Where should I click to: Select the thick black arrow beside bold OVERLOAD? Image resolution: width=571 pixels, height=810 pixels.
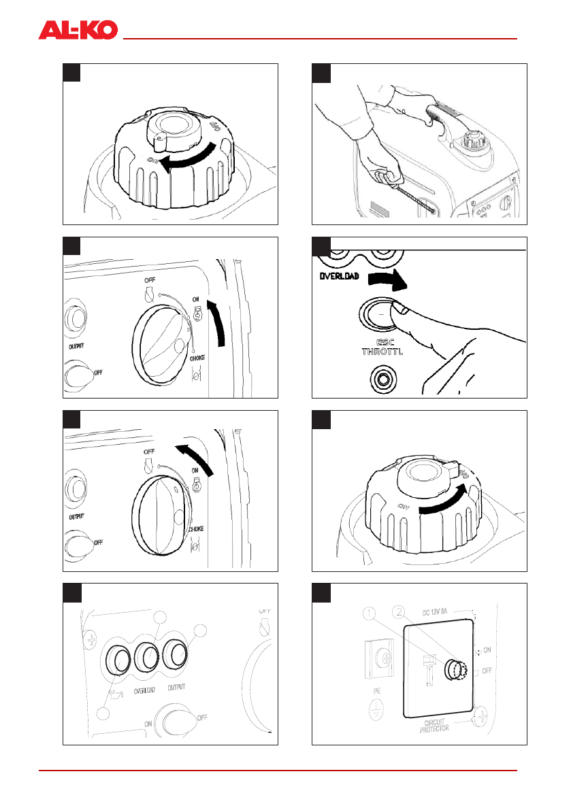tap(384, 278)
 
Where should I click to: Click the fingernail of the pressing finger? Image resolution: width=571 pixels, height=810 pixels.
tap(402, 310)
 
